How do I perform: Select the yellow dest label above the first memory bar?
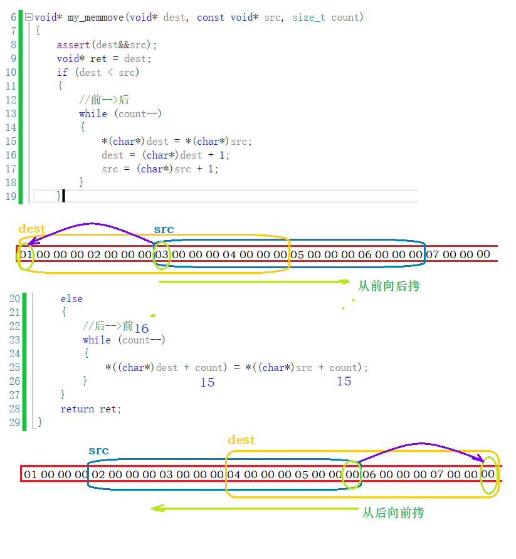pos(32,229)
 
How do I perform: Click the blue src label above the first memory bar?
pos(164,229)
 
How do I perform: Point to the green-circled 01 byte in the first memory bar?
pos(26,254)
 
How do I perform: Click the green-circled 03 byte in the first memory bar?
pos(161,254)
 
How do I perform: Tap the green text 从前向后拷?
pos(389,286)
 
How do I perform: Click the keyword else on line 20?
pos(71,299)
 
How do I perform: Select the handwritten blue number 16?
pos(141,328)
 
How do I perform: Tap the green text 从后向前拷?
pos(393,513)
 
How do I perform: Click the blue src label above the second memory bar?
pos(98,451)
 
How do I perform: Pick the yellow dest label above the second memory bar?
pos(241,440)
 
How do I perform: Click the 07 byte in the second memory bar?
pos(436,474)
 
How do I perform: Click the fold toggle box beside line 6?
pos(28,18)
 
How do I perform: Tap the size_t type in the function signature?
pos(308,18)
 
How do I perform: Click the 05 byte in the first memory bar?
pos(297,254)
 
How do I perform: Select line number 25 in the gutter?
pos(14,367)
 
